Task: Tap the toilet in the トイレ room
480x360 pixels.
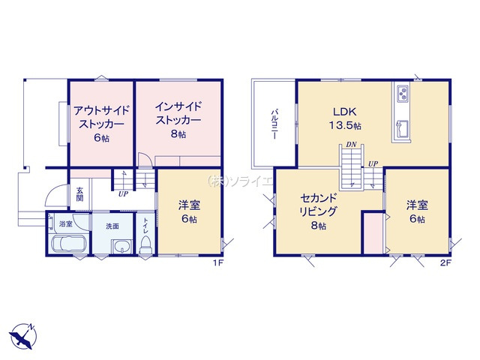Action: (145, 244)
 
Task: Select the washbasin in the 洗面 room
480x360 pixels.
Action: (121, 247)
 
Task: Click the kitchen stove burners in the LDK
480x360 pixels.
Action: (403, 93)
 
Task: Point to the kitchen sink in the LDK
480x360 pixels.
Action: (402, 128)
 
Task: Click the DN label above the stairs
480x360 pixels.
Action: (352, 145)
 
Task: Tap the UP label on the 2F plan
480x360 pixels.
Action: (373, 164)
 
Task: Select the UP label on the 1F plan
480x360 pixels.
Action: (123, 193)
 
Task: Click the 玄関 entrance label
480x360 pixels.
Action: (79, 194)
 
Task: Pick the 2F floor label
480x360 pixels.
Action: (445, 262)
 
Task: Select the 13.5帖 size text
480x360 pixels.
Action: (345, 125)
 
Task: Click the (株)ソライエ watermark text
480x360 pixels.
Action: (240, 181)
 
